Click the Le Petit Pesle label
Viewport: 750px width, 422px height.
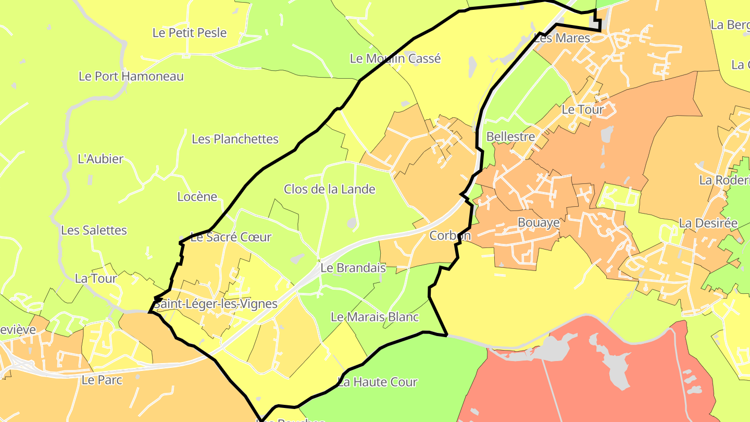coord(190,33)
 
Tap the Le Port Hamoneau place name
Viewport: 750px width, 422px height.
coord(131,76)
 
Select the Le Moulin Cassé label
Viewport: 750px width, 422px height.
coord(395,58)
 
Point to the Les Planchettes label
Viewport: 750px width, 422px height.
coord(235,139)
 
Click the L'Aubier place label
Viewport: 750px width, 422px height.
coord(101,159)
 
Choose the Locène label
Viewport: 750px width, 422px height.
coord(197,196)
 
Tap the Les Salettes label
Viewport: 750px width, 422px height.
coord(94,230)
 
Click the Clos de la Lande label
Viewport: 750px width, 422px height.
coord(329,189)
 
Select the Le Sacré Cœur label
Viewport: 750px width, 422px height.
coord(231,237)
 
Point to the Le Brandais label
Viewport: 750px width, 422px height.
coord(353,268)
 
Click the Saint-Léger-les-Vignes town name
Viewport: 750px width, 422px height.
coord(216,304)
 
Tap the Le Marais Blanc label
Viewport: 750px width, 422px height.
coord(374,317)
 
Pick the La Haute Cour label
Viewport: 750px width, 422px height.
coord(378,382)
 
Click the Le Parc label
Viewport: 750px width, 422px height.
coord(102,380)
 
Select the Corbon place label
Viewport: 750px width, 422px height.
coord(449,235)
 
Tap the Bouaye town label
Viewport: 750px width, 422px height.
coord(538,222)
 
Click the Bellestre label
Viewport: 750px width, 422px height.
coord(510,136)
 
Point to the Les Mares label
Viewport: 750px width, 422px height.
coord(562,38)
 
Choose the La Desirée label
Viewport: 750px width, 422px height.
coord(708,223)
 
